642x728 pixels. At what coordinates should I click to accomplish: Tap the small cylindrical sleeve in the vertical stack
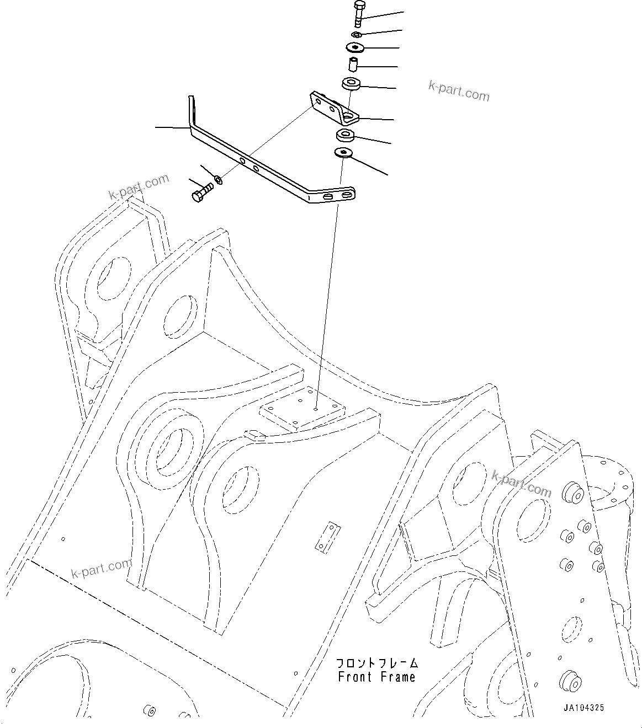(355, 65)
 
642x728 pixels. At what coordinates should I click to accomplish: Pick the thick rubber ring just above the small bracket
(351, 84)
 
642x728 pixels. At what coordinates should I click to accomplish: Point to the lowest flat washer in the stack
(344, 152)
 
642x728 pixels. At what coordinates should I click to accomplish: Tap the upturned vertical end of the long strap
(192, 110)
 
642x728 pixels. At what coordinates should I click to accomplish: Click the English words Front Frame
(376, 677)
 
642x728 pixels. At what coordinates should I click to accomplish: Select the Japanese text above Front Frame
(377, 663)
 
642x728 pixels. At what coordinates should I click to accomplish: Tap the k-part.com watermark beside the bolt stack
(459, 92)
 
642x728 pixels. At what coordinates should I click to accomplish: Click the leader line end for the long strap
(157, 127)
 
